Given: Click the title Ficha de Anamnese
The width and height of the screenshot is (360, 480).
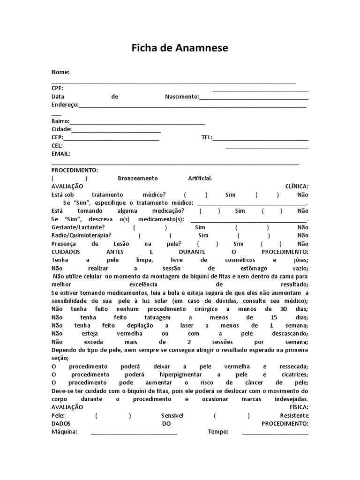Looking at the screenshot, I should pyautogui.click(x=180, y=48).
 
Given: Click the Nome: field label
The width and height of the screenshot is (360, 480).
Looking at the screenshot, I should pyautogui.click(x=60, y=72).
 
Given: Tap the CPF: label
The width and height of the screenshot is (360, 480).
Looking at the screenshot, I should pyautogui.click(x=58, y=89).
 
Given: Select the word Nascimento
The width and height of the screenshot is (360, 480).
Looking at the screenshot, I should pyautogui.click(x=182, y=97).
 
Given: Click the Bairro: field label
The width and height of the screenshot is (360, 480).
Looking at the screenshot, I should pyautogui.click(x=60, y=121).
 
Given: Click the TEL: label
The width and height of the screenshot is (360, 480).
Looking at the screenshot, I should pyautogui.click(x=207, y=137).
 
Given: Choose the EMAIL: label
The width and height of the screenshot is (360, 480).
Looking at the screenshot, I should pyautogui.click(x=61, y=153).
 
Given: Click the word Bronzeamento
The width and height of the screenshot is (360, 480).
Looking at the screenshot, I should pyautogui.click(x=138, y=178).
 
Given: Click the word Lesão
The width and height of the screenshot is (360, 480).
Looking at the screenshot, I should pyautogui.click(x=125, y=243).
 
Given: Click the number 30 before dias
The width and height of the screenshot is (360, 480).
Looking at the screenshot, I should pyautogui.click(x=284, y=309).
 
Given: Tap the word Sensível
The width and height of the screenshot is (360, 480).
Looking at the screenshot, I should pyautogui.click(x=172, y=415).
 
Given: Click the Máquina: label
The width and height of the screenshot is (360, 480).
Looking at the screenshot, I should pyautogui.click(x=64, y=432).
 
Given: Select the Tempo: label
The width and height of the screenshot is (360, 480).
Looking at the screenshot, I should pyautogui.click(x=218, y=432).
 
